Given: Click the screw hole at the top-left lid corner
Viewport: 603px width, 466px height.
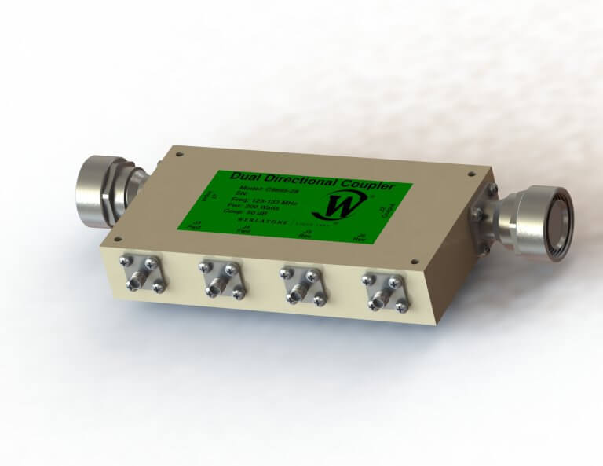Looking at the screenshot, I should (x=180, y=155).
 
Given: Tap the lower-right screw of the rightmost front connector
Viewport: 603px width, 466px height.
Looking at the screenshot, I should (x=400, y=309).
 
